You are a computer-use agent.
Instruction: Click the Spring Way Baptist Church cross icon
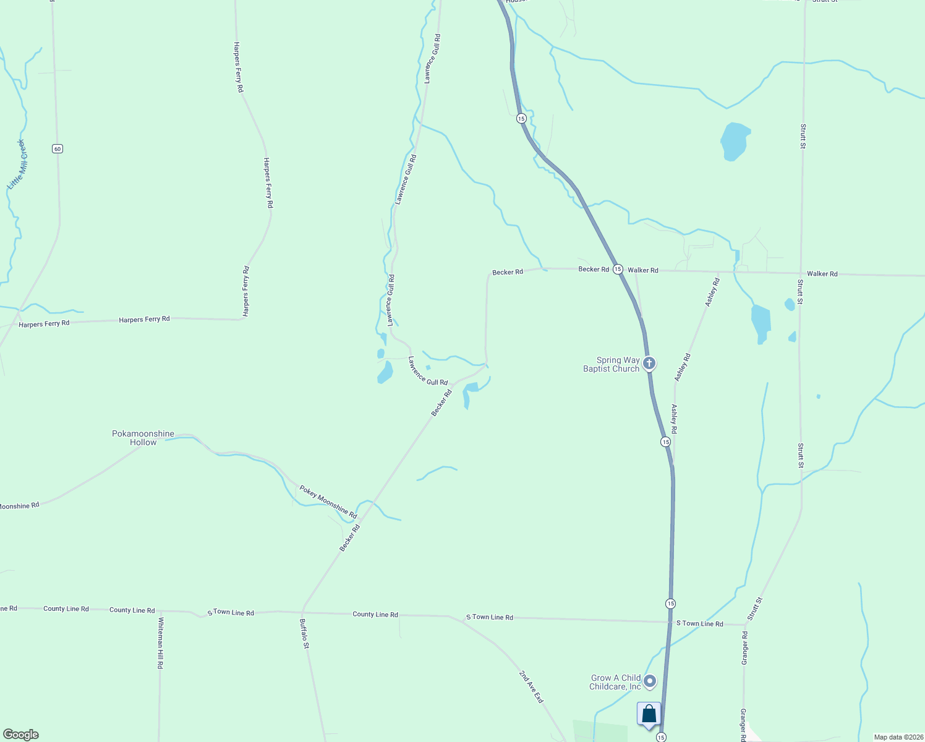649,363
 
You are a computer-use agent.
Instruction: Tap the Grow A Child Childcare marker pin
650,681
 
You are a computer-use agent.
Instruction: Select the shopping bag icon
649,714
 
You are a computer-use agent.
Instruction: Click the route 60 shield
58,148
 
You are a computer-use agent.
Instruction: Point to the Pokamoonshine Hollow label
143,438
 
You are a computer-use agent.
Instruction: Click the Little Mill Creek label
17,164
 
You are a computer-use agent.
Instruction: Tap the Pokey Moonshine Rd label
328,501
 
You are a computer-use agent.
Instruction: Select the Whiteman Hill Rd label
160,642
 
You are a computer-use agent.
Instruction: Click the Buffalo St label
304,634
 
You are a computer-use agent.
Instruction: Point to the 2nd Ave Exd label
531,686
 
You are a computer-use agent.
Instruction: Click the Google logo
21,735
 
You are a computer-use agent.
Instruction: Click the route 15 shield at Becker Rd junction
618,269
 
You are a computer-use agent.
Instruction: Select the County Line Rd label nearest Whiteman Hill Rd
132,610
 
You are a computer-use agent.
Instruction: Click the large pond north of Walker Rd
735,141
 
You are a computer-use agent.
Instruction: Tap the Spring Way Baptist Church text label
611,364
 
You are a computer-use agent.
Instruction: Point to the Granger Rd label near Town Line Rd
745,647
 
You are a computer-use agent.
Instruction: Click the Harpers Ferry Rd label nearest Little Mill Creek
44,324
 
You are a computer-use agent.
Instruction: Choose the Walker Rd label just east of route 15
643,270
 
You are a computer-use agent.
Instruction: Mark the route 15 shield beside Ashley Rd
665,441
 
